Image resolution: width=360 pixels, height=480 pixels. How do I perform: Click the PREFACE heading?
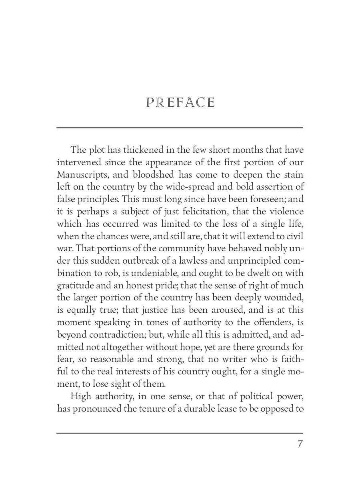point(180,103)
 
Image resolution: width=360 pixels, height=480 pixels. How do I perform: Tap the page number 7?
point(300,444)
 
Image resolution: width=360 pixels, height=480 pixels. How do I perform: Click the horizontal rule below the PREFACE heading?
point(180,128)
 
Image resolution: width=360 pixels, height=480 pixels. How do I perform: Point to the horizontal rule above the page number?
point(180,433)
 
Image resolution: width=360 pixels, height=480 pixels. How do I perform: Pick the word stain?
point(294,175)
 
